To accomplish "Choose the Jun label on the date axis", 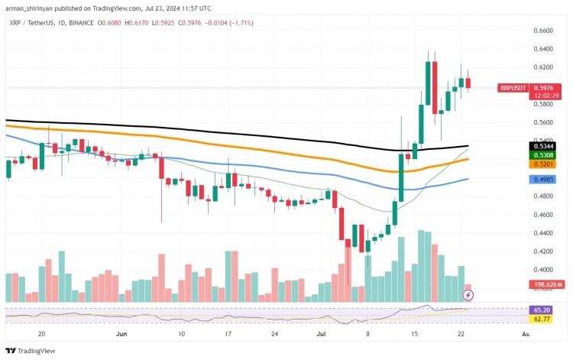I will (121, 334).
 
